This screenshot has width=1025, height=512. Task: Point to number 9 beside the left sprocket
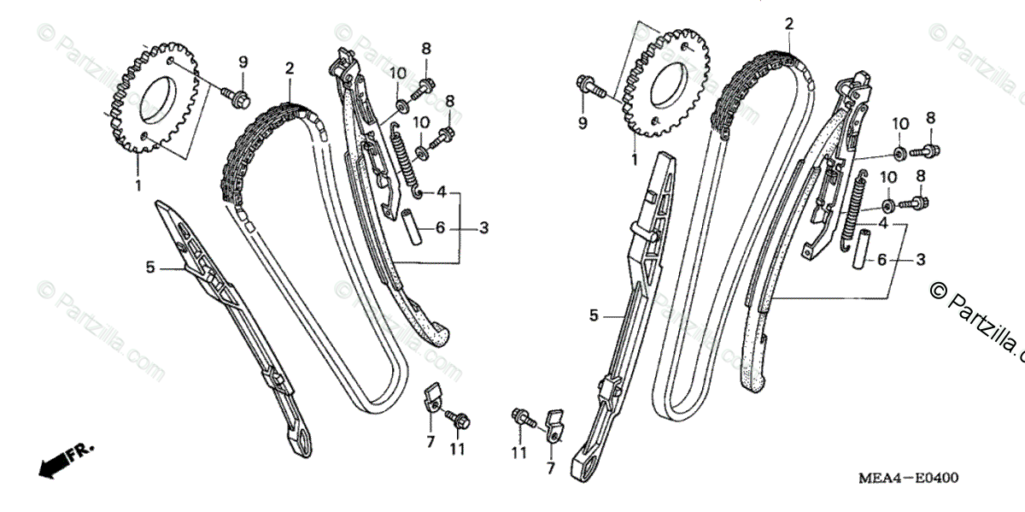[243, 62]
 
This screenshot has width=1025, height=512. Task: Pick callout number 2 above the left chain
[290, 68]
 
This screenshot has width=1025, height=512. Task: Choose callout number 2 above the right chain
[788, 25]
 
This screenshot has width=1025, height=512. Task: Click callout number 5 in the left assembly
[150, 268]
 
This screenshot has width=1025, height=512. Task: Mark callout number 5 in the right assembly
[594, 315]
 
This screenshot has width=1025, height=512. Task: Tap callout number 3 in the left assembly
[483, 227]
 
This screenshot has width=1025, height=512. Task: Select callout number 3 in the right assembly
[921, 258]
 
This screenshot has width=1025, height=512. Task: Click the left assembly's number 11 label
[458, 450]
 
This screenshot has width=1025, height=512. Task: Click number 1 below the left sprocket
[138, 184]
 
